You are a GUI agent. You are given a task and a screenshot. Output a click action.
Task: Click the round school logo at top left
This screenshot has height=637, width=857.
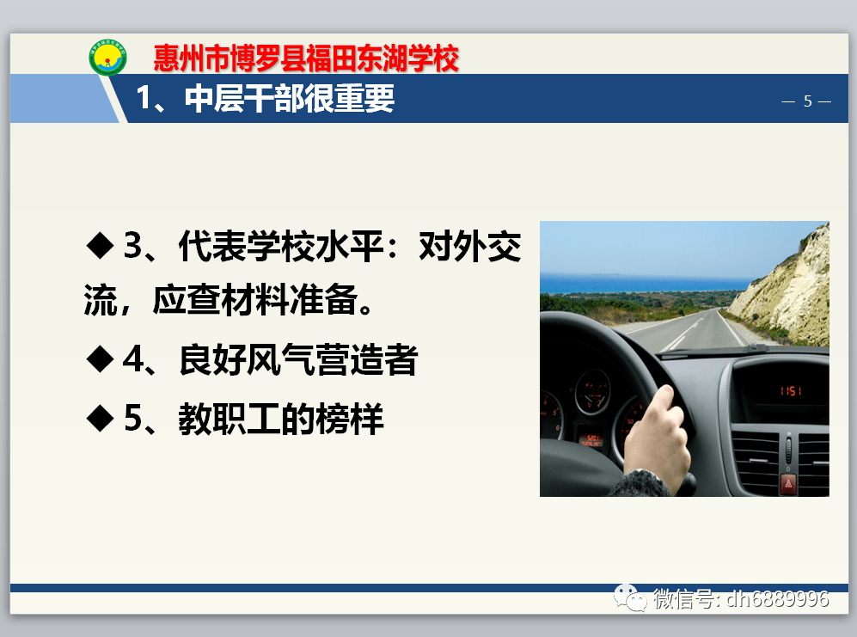(107, 58)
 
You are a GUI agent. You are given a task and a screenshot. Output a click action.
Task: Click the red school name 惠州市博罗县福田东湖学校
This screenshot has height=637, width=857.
(305, 58)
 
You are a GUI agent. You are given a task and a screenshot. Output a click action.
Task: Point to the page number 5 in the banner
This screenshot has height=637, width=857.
(807, 101)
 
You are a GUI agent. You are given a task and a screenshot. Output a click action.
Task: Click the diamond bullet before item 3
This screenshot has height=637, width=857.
(101, 246)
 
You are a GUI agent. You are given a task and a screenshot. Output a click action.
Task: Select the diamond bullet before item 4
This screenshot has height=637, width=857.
(101, 358)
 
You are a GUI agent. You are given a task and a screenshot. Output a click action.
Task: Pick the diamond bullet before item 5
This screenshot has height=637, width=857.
(101, 418)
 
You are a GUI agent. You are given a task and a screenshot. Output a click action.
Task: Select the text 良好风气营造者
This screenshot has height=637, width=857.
(297, 360)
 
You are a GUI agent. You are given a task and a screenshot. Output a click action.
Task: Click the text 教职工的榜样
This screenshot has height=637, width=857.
(280, 419)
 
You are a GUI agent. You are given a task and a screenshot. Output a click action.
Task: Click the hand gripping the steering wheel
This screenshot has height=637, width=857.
(658, 430)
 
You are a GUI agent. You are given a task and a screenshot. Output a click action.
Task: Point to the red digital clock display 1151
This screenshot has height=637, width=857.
(791, 391)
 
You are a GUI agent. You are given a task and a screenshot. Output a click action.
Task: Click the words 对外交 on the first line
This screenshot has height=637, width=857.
(469, 248)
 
